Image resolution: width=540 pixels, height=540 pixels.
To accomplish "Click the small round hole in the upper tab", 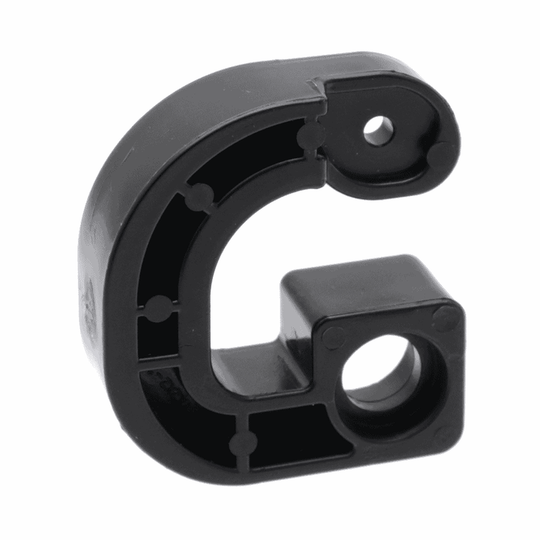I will [x=377, y=130].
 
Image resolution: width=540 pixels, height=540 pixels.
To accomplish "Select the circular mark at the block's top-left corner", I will [x=333, y=337].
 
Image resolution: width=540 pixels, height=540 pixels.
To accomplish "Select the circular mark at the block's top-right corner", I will [x=445, y=316].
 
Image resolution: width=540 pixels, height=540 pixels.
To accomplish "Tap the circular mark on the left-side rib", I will [x=158, y=309].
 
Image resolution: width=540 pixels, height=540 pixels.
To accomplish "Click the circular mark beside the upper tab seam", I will [x=310, y=138].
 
